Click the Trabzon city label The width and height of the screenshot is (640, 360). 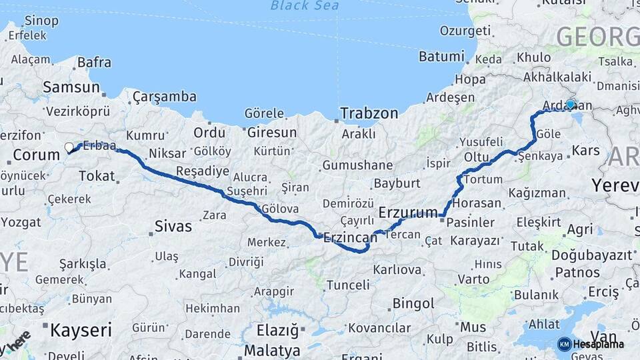coord(369,113)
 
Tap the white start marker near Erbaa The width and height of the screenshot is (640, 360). coord(69,147)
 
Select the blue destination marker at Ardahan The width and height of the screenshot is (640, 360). coord(571,104)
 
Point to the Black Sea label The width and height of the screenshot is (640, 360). coord(304,6)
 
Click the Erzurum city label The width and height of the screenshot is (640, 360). coord(406,212)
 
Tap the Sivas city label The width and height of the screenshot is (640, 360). coord(173,226)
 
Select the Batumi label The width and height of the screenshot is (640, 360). coord(441,56)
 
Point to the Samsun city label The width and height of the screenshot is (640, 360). coord(71,87)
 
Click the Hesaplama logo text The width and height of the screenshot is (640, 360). coord(599,344)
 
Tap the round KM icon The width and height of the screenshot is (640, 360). coord(564,344)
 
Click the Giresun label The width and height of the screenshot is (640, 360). coord(272,132)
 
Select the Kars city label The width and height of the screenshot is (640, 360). coord(587,150)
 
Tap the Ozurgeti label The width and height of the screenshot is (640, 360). coord(465,31)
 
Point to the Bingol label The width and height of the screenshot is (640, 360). coord(413,303)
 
